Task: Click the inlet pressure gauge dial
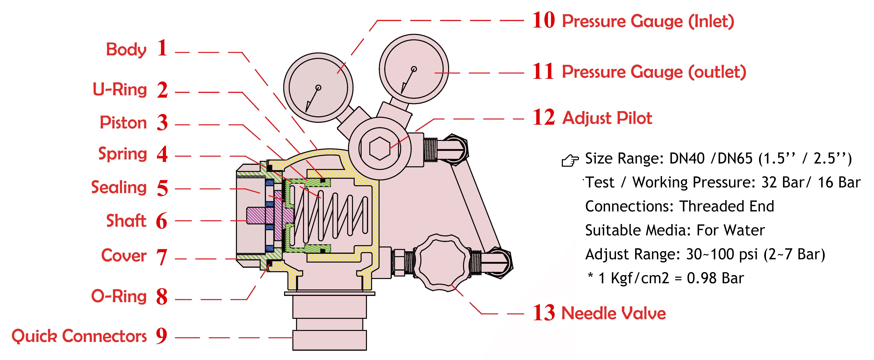click(x=318, y=87)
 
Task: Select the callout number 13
click(x=543, y=313)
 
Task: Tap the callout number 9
click(x=162, y=336)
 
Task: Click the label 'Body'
click(x=126, y=49)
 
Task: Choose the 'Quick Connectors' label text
click(x=79, y=336)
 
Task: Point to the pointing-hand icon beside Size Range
click(x=570, y=160)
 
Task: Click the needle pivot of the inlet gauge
click(x=318, y=87)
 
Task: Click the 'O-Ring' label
click(x=119, y=296)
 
